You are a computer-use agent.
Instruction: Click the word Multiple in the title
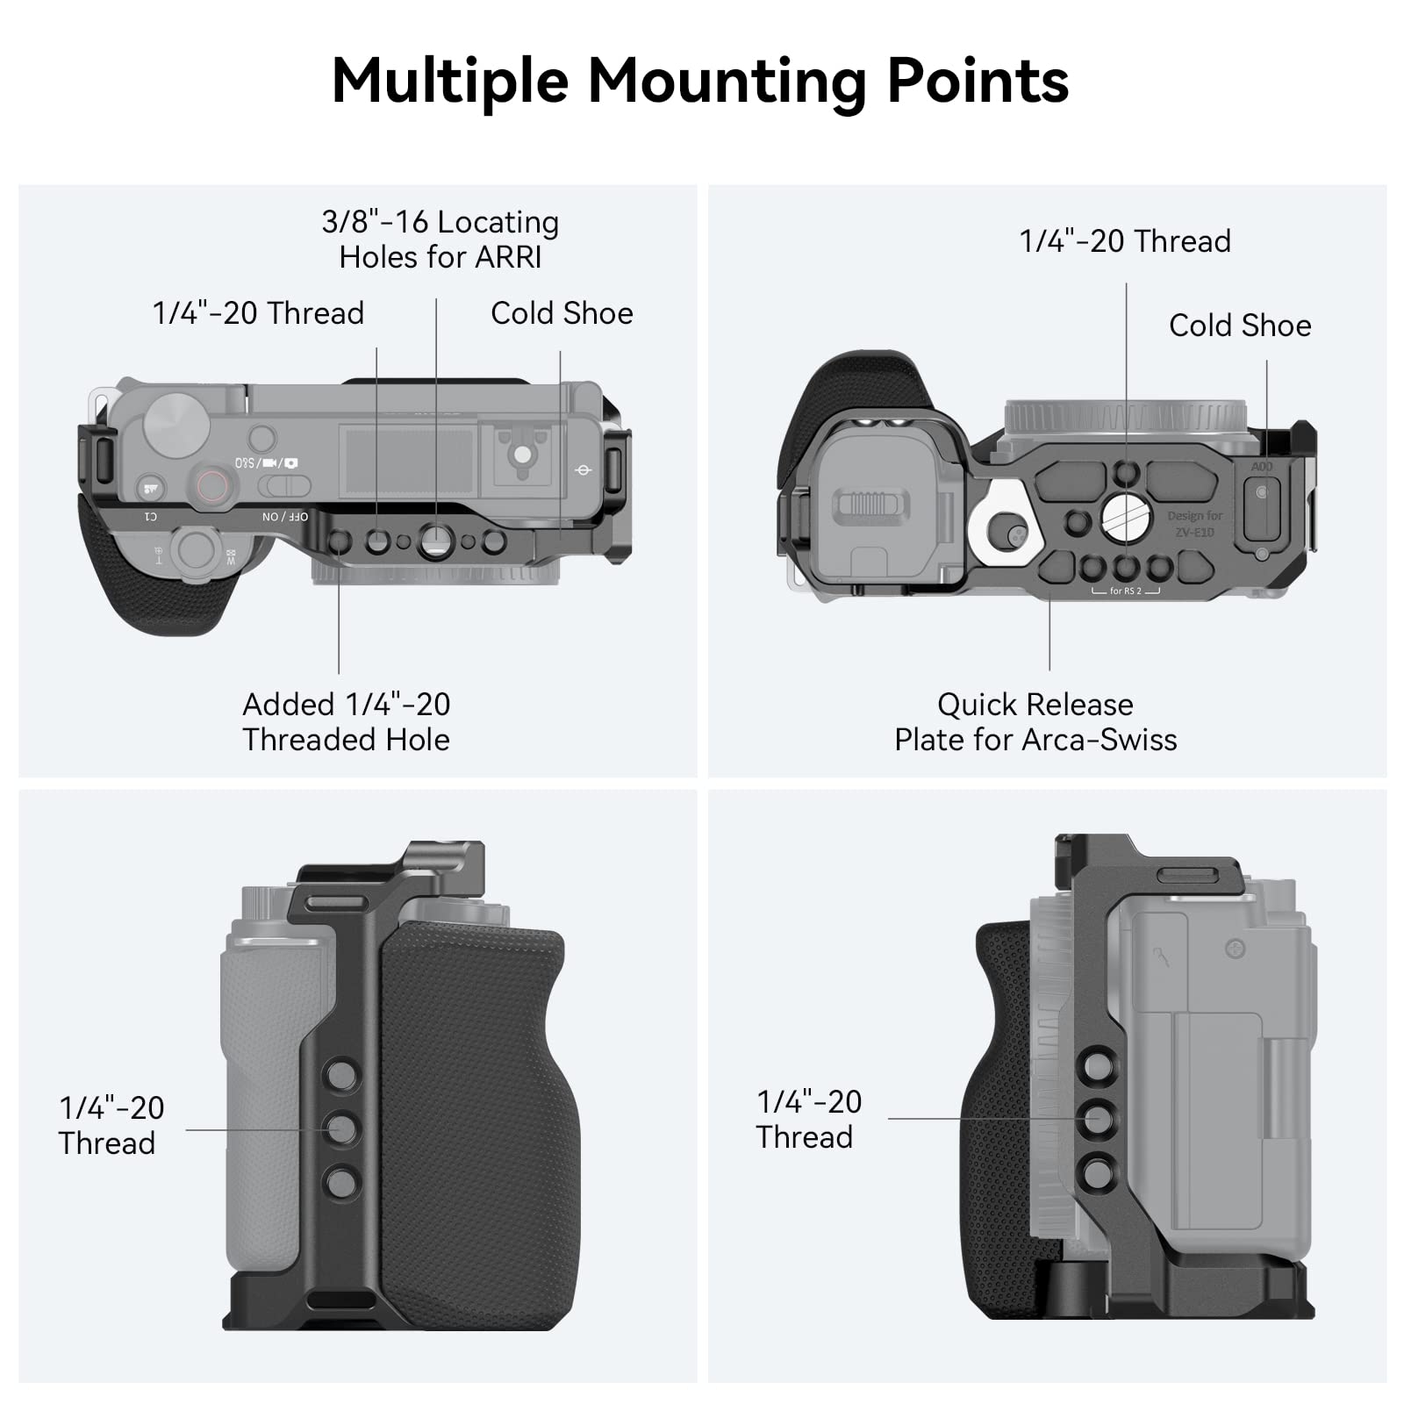pyautogui.click(x=450, y=82)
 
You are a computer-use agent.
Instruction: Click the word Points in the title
pyautogui.click(x=978, y=82)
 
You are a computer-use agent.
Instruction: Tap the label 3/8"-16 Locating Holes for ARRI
pyautogui.click(x=441, y=240)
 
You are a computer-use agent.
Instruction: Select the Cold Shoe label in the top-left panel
pyautogui.click(x=562, y=313)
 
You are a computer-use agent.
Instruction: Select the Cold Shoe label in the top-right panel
pyautogui.click(x=1240, y=326)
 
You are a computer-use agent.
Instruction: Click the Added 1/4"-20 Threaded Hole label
pyautogui.click(x=347, y=722)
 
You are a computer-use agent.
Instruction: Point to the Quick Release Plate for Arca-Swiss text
pyautogui.click(x=1035, y=722)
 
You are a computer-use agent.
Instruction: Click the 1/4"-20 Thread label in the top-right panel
pyautogui.click(x=1125, y=241)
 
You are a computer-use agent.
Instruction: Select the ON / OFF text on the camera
pyautogui.click(x=285, y=517)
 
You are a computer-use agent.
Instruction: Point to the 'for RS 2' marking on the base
pyautogui.click(x=1126, y=591)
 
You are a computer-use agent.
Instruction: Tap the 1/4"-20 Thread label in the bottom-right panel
pyautogui.click(x=808, y=1119)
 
